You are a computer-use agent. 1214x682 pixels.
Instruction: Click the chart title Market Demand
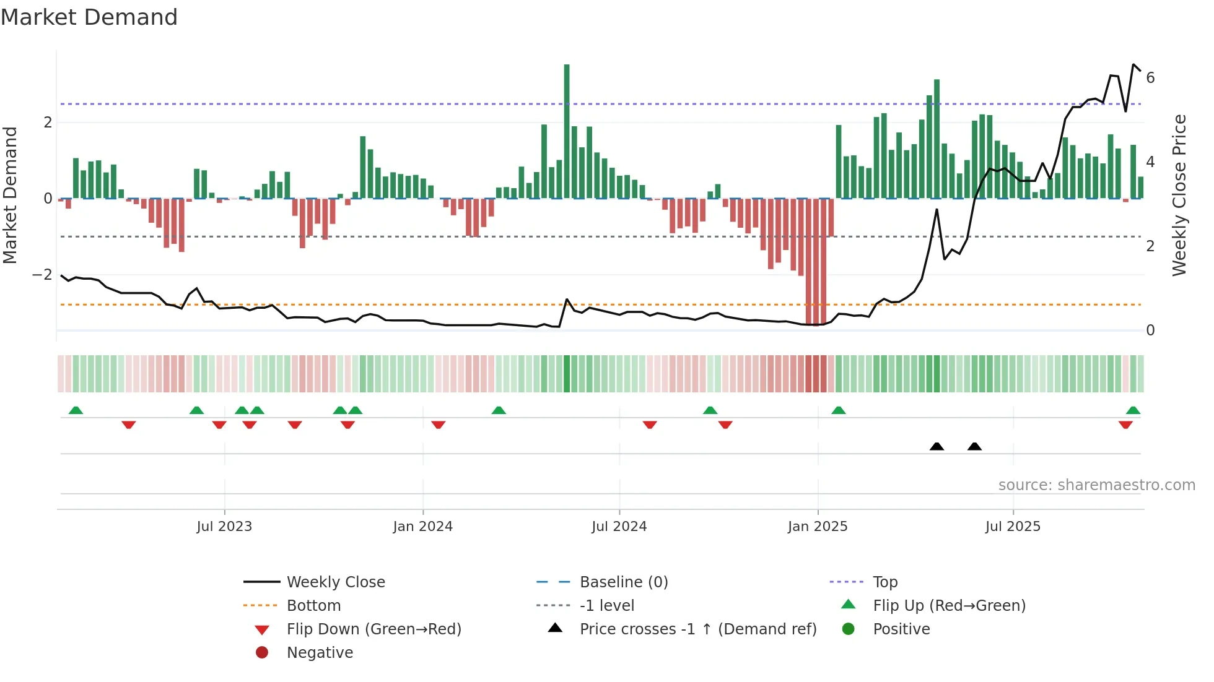[89, 17]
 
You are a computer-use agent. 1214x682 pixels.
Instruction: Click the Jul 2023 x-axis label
[224, 527]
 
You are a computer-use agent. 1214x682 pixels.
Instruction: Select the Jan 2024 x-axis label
[422, 527]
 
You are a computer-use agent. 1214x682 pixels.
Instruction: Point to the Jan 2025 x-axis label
[818, 527]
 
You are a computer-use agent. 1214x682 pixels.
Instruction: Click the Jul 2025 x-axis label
[1013, 527]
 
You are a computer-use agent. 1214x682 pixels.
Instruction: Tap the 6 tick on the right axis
[1150, 78]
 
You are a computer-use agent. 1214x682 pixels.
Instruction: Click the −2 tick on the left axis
[42, 274]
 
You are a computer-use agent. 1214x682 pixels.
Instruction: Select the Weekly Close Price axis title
[1179, 195]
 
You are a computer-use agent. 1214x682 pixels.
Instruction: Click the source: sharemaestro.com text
[1096, 485]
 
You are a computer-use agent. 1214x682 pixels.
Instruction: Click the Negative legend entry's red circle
[262, 653]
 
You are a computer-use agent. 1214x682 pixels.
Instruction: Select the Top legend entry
[884, 582]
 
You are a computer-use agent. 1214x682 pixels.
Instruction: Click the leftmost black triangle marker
[937, 447]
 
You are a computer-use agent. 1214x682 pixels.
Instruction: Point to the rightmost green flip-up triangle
[1133, 410]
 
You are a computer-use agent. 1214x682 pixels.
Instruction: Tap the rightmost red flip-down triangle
[1125, 425]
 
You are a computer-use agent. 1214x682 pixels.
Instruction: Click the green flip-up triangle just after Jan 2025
[838, 410]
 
